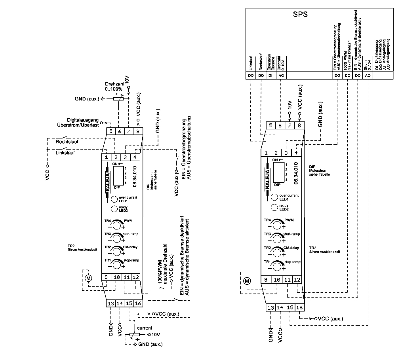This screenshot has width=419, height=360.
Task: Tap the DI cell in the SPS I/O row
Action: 270,75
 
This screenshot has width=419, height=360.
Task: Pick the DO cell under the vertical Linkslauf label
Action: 251,75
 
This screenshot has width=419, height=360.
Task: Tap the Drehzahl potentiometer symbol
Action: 118,99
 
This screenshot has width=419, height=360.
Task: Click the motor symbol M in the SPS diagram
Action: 247,281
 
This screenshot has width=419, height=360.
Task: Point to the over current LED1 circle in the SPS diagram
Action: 274,197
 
